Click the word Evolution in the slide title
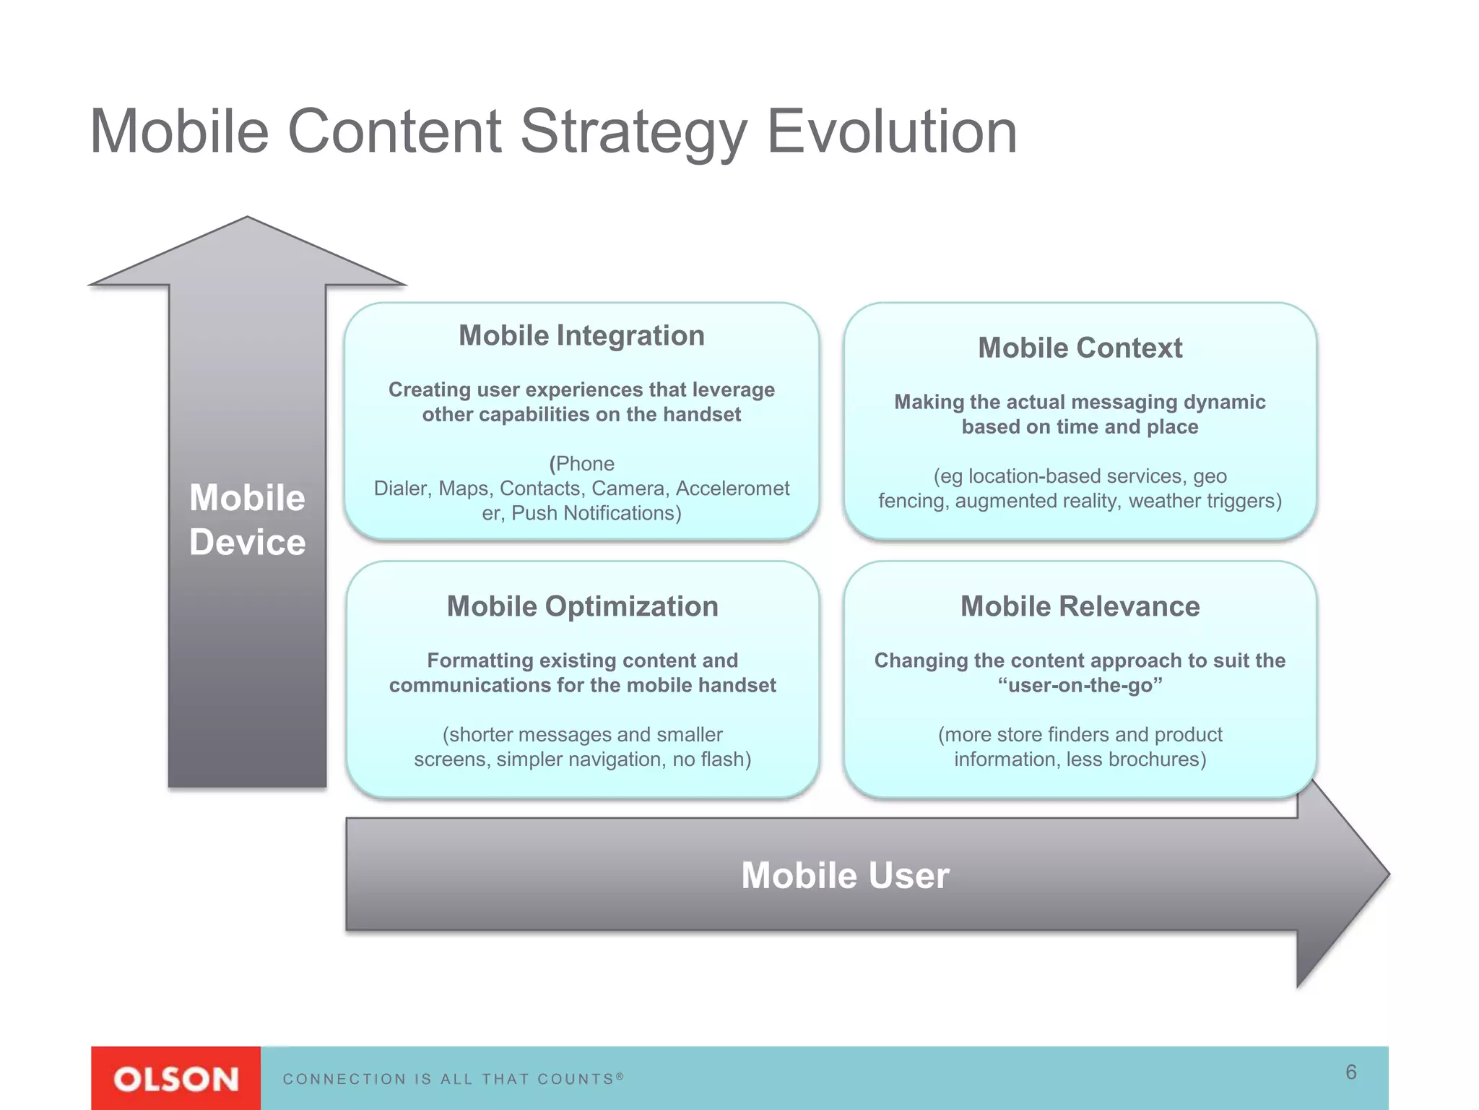(x=891, y=132)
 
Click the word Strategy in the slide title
(x=633, y=132)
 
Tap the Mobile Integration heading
(x=581, y=336)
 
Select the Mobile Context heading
(x=1080, y=348)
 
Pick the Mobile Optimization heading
(x=582, y=606)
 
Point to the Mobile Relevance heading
(x=1080, y=606)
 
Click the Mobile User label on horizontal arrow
(x=845, y=876)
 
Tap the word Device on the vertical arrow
(x=247, y=543)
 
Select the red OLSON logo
(x=175, y=1078)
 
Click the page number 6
(x=1350, y=1072)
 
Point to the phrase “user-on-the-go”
(x=1080, y=685)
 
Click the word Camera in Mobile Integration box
(x=629, y=489)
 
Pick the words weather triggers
(x=1205, y=501)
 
